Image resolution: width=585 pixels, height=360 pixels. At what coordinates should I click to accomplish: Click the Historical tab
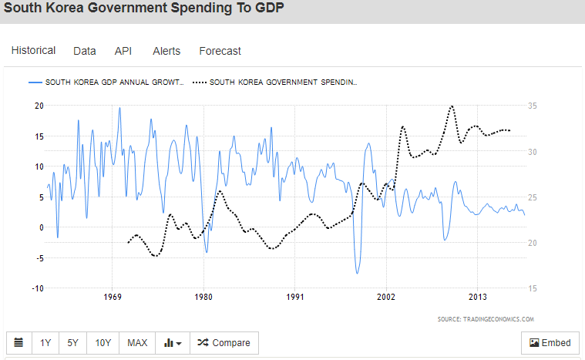click(x=33, y=51)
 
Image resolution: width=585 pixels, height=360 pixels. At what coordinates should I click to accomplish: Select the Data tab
click(x=85, y=51)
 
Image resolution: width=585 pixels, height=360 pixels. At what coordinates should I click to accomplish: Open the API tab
click(x=123, y=51)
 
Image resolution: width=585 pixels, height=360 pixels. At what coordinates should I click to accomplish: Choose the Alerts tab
click(x=166, y=51)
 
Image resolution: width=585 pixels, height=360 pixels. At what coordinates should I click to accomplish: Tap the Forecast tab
click(x=220, y=51)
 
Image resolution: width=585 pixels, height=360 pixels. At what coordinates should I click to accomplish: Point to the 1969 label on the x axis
click(x=113, y=297)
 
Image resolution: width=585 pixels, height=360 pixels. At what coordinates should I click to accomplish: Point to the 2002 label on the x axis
click(x=386, y=297)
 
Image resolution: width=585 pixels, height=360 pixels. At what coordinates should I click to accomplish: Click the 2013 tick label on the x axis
click(x=477, y=297)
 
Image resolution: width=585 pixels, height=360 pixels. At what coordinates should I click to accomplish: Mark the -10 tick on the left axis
click(x=36, y=288)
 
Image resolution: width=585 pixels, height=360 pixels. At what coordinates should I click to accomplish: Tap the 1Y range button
click(x=46, y=343)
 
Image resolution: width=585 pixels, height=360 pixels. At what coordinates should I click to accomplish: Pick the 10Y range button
click(x=102, y=343)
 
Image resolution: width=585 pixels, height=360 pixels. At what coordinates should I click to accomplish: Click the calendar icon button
click(x=18, y=343)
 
